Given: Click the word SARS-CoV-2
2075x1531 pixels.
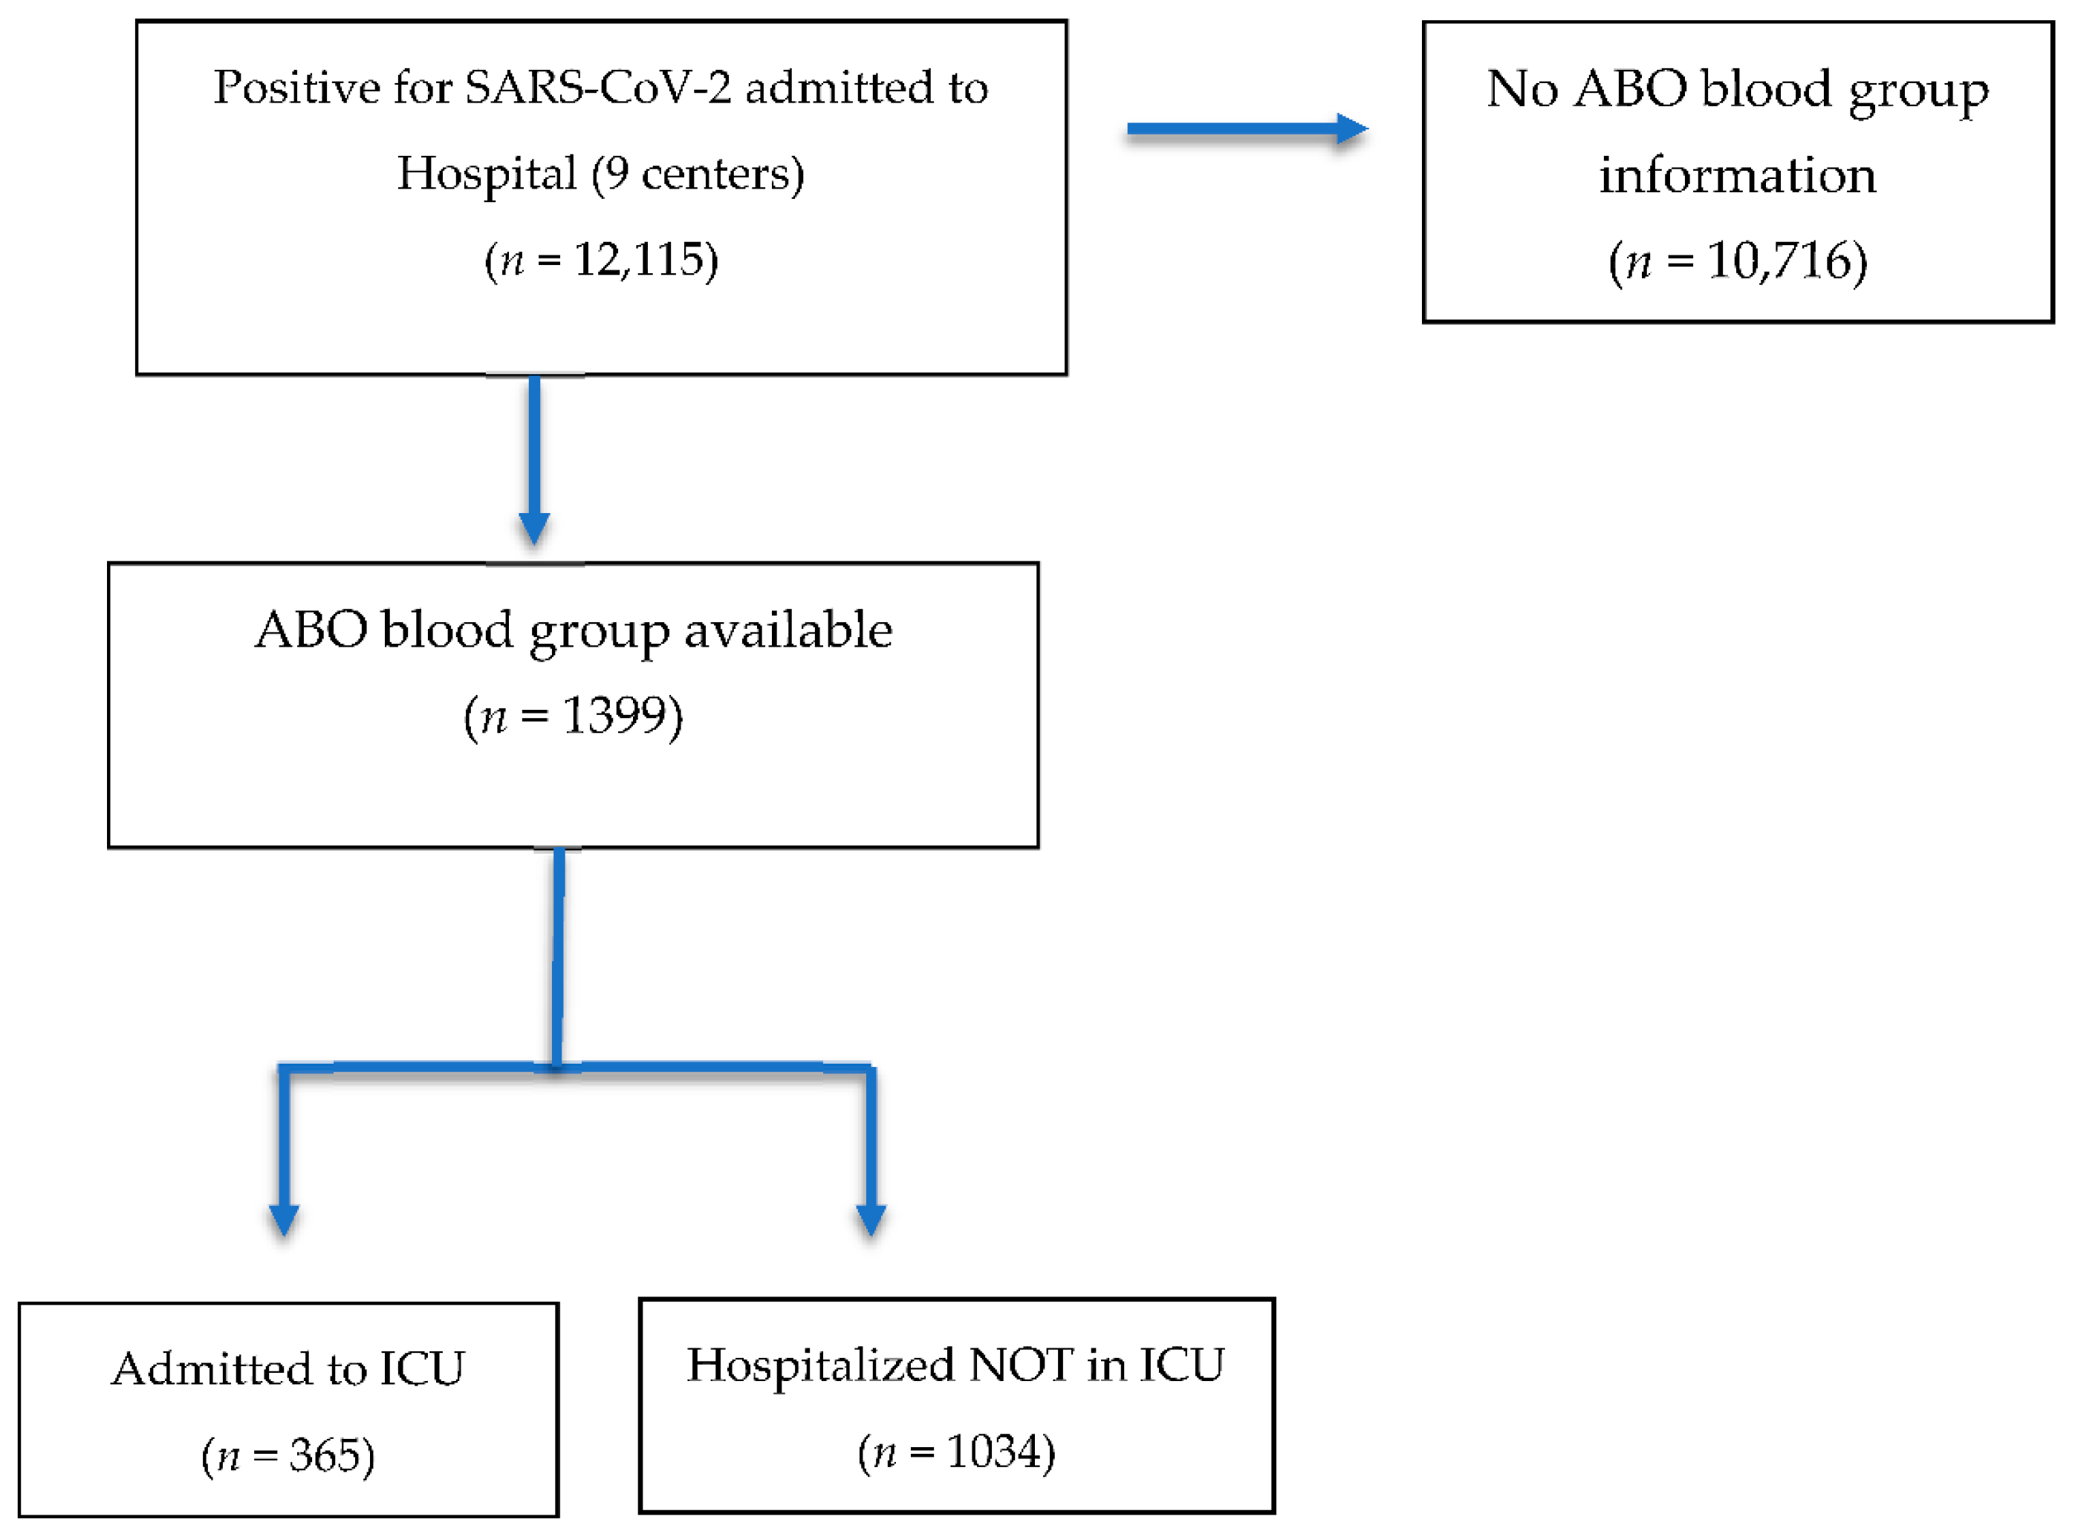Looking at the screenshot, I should pyautogui.click(x=598, y=88).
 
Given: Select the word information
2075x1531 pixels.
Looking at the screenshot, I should pyautogui.click(x=1736, y=175).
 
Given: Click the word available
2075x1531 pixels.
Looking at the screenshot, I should pyautogui.click(x=788, y=631).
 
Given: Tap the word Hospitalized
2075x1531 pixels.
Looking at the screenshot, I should pyautogui.click(x=820, y=1365).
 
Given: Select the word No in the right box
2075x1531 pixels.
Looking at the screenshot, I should pyautogui.click(x=1522, y=89).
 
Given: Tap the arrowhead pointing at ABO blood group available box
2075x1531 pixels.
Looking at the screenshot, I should pyautogui.click(x=534, y=528).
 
